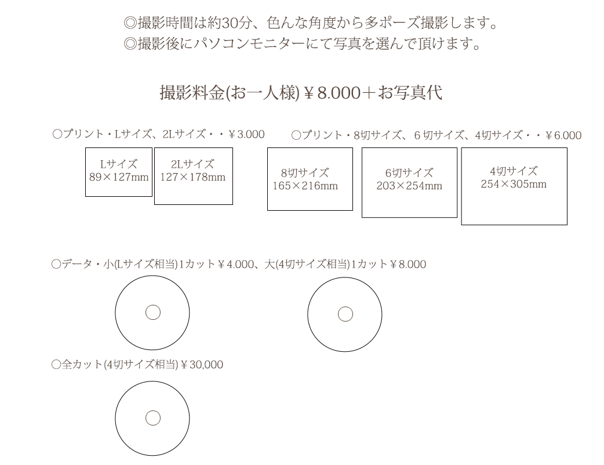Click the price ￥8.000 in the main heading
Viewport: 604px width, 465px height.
[x=332, y=93]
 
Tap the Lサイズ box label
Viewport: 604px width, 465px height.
[x=119, y=164]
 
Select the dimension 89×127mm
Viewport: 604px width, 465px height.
[x=119, y=177]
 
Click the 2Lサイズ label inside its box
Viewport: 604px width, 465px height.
[x=192, y=164]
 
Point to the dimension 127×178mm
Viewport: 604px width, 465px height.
[x=192, y=177]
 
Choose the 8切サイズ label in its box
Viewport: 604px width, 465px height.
[x=305, y=172]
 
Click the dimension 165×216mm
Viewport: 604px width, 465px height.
[x=305, y=186]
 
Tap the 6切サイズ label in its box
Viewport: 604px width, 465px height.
[x=409, y=172]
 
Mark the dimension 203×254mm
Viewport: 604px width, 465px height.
[x=409, y=186]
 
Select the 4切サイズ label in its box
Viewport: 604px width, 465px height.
[x=514, y=171]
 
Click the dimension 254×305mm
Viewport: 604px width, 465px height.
[x=514, y=184]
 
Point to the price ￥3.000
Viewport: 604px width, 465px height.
[x=246, y=134]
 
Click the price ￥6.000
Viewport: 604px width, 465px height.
[x=563, y=135]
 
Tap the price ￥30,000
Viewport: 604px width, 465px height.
[x=202, y=365]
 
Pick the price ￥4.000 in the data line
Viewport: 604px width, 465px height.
[x=236, y=264]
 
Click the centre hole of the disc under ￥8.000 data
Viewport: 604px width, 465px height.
[x=345, y=314]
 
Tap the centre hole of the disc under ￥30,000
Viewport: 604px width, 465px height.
[x=152, y=418]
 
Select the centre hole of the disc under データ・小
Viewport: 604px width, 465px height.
[x=152, y=312]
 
